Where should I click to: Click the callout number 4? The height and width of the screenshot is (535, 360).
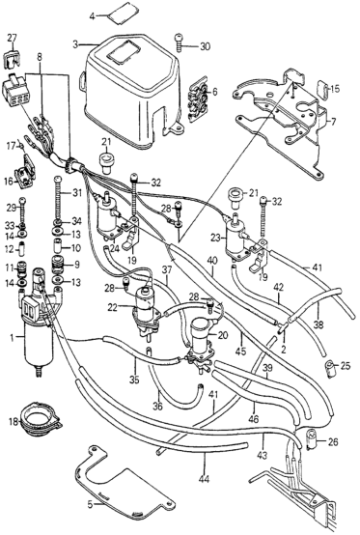tap(93, 15)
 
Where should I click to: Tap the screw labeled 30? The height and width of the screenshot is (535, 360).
tap(179, 42)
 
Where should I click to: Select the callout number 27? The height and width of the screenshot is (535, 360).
tap(12, 38)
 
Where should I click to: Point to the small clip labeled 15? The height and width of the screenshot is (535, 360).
tap(322, 89)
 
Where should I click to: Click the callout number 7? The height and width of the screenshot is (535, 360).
tap(333, 121)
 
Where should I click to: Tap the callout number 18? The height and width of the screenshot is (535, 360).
tap(14, 422)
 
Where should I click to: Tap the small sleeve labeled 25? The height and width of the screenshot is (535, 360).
tap(329, 369)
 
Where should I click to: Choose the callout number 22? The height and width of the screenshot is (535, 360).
tap(114, 307)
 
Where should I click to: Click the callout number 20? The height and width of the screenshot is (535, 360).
tap(222, 335)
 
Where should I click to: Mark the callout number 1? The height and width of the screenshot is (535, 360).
tap(13, 338)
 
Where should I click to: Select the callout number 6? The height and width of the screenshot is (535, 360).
tap(214, 92)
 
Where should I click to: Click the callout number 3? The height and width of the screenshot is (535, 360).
tap(75, 44)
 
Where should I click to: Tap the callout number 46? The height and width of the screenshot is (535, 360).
tap(254, 418)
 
